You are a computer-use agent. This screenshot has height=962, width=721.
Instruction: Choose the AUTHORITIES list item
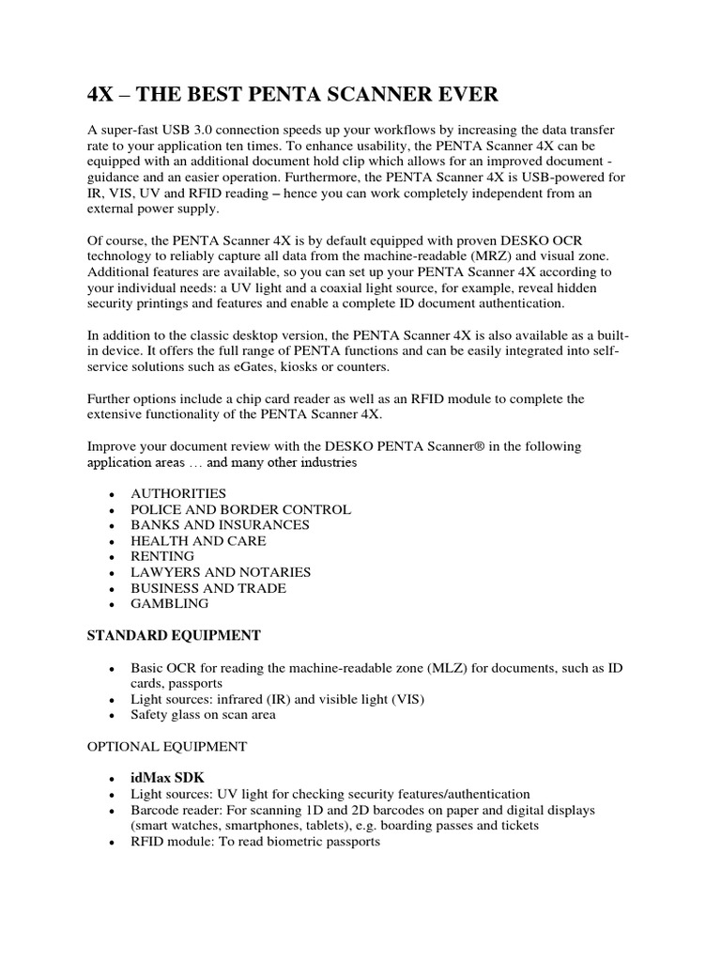[x=177, y=493]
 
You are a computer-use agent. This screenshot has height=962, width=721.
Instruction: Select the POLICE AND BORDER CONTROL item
[x=240, y=509]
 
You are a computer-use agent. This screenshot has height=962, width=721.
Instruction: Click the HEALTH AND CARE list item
[x=198, y=541]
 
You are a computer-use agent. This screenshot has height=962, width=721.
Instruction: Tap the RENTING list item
[x=162, y=556]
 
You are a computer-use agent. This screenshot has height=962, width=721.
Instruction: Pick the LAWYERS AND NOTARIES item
[x=221, y=572]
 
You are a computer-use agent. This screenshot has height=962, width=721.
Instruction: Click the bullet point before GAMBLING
[x=112, y=605]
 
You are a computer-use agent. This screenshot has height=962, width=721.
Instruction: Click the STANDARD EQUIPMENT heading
[x=174, y=636]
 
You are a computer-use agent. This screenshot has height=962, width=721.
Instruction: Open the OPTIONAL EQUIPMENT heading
[x=167, y=746]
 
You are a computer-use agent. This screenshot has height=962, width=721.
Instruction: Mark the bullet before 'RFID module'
[x=112, y=843]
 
